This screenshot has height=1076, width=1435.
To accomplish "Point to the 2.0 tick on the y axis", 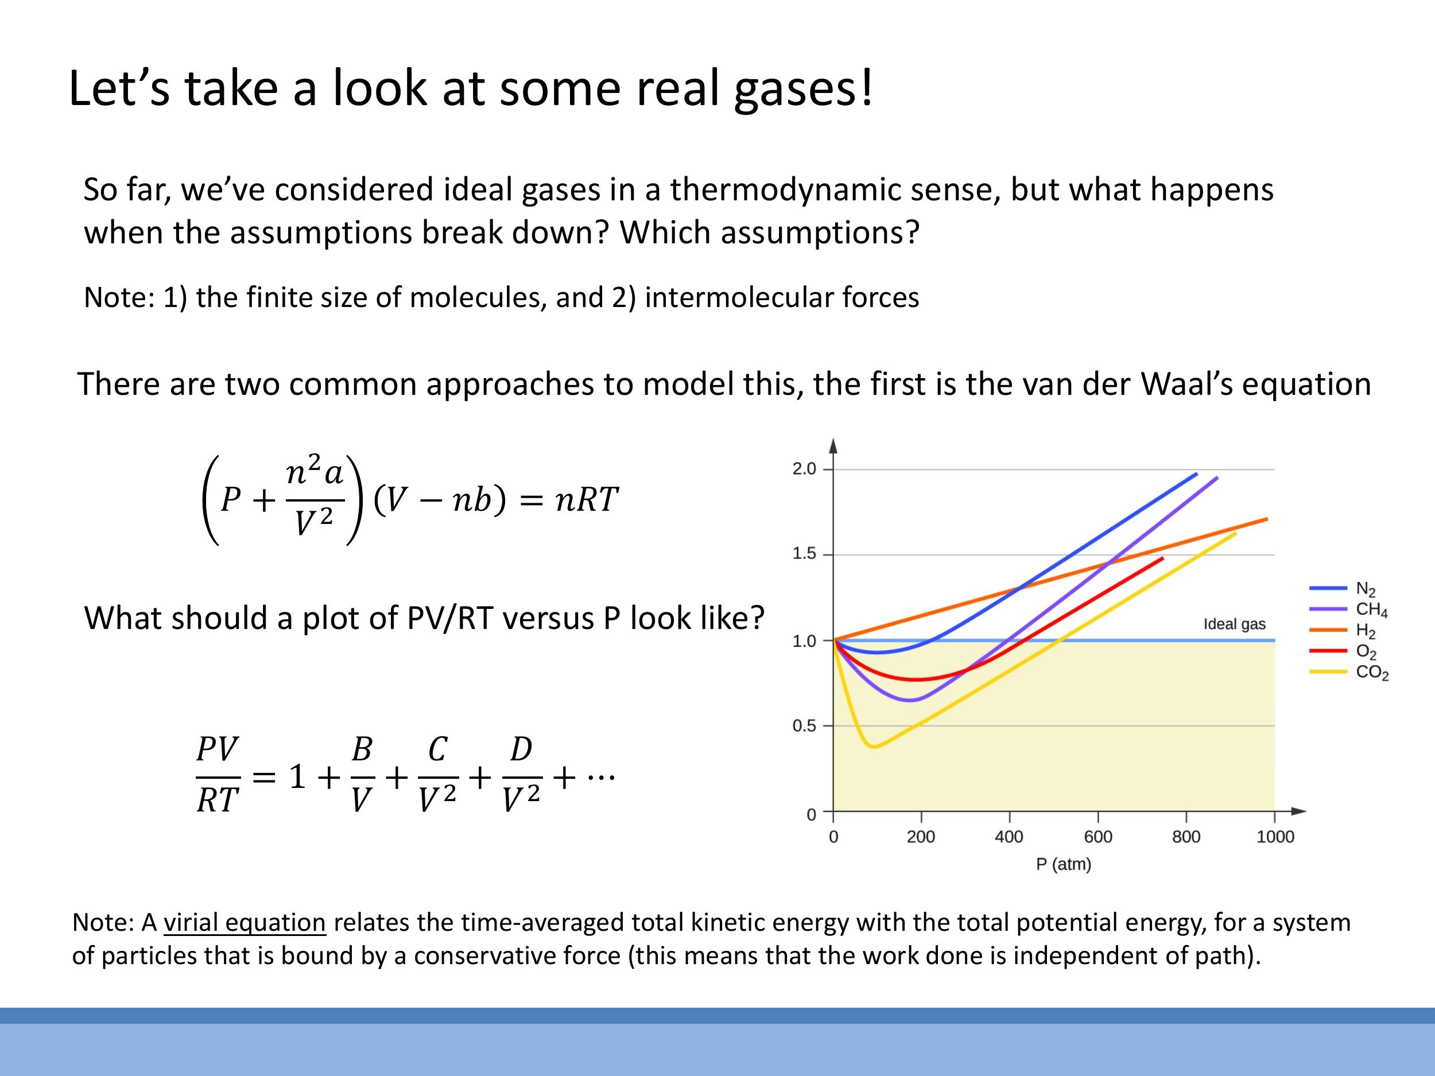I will pos(804,469).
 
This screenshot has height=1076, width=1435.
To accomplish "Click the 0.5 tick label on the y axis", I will pos(804,726).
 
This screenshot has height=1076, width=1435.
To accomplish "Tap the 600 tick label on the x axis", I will pos(1097,837).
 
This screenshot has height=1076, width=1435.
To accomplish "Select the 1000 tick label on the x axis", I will pos(1275,837).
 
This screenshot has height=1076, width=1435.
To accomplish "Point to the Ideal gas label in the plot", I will pos(1234,624).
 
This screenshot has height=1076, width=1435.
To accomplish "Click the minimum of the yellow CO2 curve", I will pos(874,747).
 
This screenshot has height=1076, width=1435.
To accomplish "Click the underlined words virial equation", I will pos(244,922).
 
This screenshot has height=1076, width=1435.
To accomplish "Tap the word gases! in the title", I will pos(804,89).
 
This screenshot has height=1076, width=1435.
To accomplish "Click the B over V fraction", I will pos(362,775).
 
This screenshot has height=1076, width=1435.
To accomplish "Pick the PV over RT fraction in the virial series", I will pos(218,775).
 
